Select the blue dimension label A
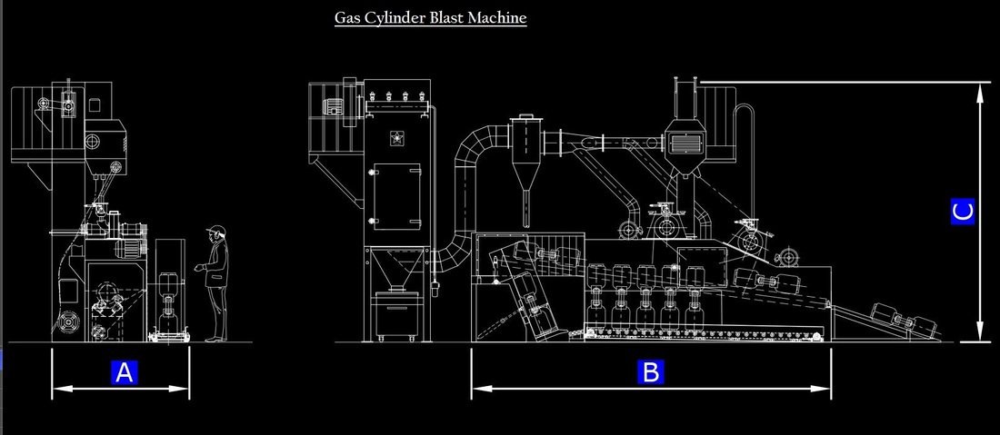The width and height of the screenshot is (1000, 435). pyautogui.click(x=125, y=372)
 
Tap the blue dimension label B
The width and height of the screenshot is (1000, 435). pyautogui.click(x=651, y=372)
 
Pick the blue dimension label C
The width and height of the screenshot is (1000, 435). pyautogui.click(x=963, y=212)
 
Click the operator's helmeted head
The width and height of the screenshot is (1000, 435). pyautogui.click(x=217, y=232)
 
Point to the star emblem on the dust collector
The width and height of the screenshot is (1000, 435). pyautogui.click(x=396, y=137)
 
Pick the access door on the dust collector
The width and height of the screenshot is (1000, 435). pyautogui.click(x=396, y=196)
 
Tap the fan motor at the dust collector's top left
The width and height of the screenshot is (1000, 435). pyautogui.click(x=333, y=107)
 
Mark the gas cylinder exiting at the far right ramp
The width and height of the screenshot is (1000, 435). pyautogui.click(x=905, y=319)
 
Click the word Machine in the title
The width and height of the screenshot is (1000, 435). pyautogui.click(x=497, y=17)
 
